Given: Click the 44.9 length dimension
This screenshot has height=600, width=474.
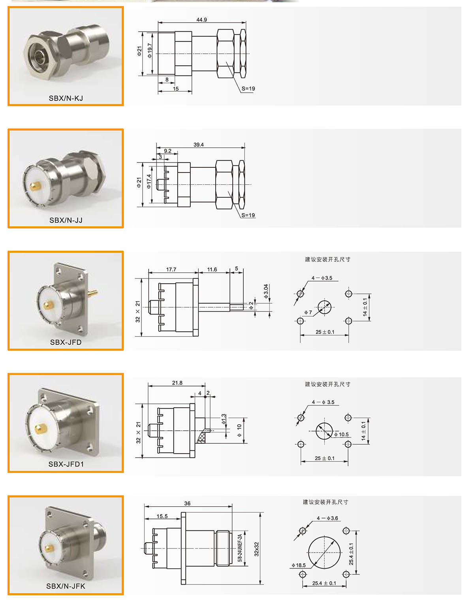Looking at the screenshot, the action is pos(201,20).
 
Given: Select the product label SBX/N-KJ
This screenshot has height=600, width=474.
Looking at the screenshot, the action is pos(66,98).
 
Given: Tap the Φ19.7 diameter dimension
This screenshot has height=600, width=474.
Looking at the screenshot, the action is pos(150,51).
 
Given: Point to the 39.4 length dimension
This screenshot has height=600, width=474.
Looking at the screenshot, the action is pos(199,145).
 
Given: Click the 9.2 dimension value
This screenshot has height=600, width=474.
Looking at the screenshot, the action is pos(167,151).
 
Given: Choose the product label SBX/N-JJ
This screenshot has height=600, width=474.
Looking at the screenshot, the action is pos(66,220).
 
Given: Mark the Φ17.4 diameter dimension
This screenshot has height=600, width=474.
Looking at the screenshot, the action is pos(149,181).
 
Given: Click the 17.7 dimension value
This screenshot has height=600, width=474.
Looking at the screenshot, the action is pos(171,270).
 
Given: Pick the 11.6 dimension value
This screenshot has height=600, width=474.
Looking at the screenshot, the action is pos(212,270).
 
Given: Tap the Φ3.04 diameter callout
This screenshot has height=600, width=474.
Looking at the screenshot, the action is pos(266,291).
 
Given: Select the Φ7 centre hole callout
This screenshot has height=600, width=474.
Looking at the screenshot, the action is pos(308,312).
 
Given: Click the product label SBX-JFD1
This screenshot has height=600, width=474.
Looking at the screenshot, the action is pos(66,464).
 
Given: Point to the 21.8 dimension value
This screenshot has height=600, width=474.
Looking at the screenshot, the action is pos(177,383).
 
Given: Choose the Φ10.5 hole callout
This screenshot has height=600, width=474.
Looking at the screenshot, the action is pos(341,434).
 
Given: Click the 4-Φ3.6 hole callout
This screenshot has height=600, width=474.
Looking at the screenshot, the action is pos(327,518).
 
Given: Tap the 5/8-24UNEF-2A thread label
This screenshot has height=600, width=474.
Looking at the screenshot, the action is pos(240,548).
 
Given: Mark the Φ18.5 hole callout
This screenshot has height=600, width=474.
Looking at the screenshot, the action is pos(299,566).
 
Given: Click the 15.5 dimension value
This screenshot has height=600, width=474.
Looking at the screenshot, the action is pos(162,517).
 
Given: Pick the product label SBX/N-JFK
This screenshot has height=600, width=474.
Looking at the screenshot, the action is pos(66,586).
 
